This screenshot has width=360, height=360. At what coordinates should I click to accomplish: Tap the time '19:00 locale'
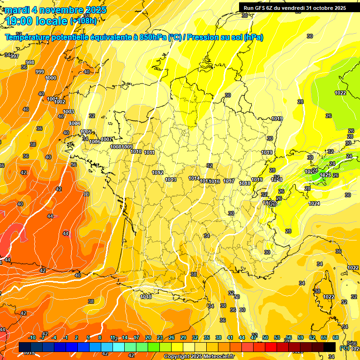tap(35, 21)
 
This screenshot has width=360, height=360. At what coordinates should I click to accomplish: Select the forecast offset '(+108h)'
tap(83, 21)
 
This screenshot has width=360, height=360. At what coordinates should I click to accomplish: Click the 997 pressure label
tap(15, 56)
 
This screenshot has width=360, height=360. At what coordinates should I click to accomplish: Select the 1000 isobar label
tap(51, 78)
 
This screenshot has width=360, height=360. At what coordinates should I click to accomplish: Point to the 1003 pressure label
tap(68, 112)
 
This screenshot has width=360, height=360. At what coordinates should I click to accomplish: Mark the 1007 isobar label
tap(106, 139)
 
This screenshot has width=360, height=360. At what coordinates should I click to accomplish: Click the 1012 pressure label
tap(157, 173)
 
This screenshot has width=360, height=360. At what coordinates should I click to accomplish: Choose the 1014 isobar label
tap(194, 179)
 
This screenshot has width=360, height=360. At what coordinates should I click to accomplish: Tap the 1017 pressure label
tap(229, 181)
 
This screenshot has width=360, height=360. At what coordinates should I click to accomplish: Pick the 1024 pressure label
tap(314, 203)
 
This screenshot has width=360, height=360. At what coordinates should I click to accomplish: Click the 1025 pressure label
tap(325, 175)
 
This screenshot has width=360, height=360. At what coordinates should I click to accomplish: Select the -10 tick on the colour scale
tap(32, 338)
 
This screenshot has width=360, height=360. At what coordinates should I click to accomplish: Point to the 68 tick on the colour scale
tap(336, 338)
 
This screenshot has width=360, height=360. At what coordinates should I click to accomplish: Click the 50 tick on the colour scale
tap(265, 338)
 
